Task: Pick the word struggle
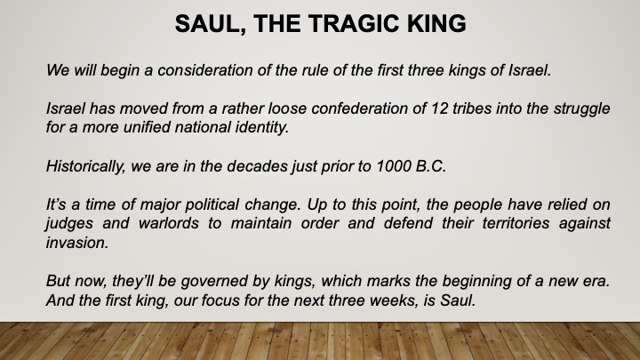pyautogui.click(x=581, y=109)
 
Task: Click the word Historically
pyautogui.click(x=85, y=166)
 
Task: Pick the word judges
pyautogui.click(x=69, y=224)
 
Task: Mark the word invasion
pyautogui.click(x=77, y=243)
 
